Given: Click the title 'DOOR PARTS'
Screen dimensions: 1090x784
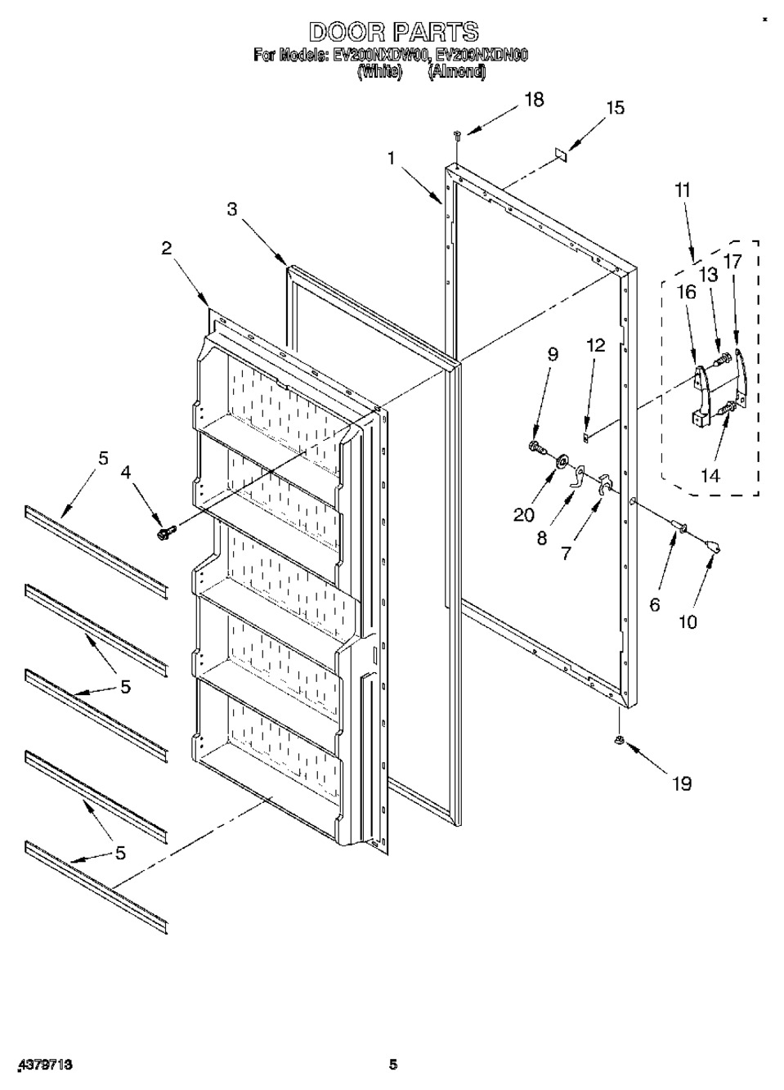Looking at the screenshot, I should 392,32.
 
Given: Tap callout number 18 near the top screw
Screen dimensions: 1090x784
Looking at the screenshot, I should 533,99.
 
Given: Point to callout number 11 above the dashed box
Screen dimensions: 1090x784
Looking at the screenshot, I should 683,191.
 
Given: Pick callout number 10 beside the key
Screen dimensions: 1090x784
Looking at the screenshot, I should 688,621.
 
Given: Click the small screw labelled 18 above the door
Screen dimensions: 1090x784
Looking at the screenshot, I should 458,132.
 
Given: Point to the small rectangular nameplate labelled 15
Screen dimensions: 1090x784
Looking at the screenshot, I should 560,153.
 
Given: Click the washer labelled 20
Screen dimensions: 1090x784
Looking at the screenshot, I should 562,464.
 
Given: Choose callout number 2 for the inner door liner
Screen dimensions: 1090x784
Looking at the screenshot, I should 166,249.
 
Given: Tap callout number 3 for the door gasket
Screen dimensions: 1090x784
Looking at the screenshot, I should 233,209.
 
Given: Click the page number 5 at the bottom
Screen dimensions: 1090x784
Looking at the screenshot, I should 393,1065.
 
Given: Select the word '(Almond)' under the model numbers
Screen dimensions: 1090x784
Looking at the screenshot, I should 456,72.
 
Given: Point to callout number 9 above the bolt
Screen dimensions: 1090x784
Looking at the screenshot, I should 553,354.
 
